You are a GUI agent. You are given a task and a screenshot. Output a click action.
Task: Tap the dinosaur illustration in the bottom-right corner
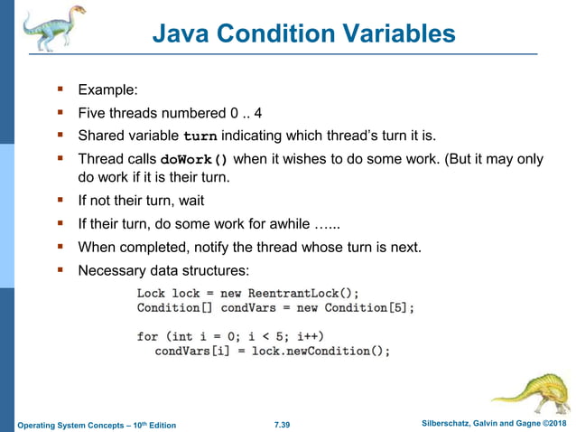pyautogui.click(x=533, y=393)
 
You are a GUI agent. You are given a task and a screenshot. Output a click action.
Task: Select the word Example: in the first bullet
pyautogui.click(x=109, y=90)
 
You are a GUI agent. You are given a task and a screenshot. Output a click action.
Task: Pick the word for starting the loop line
pyautogui.click(x=147, y=336)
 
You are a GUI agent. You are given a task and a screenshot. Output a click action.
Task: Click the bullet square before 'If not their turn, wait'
pyautogui.click(x=60, y=200)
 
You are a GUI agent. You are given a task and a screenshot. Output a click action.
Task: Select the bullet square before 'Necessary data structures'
pyautogui.click(x=60, y=269)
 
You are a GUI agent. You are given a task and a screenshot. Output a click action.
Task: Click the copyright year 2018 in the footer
pyautogui.click(x=557, y=424)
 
